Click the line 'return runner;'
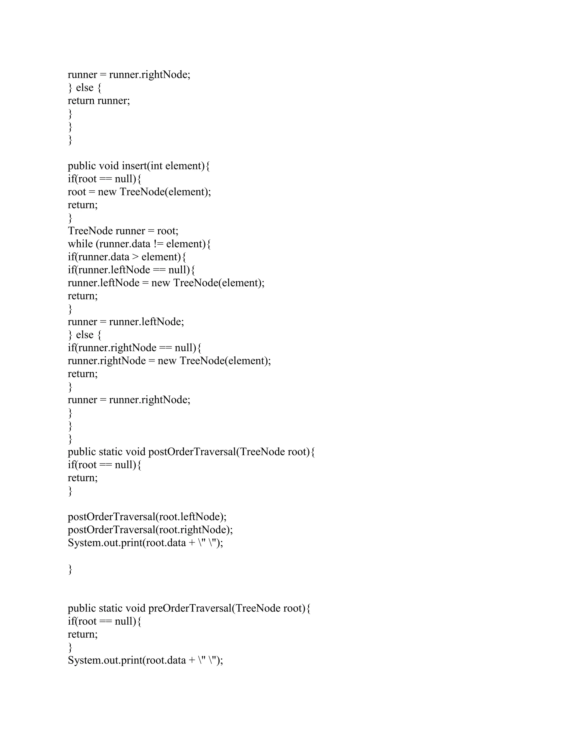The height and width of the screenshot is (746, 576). pyautogui.click(x=99, y=101)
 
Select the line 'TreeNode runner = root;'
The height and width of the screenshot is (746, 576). pyautogui.click(x=123, y=231)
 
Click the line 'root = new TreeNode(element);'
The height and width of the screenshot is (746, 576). pyautogui.click(x=139, y=192)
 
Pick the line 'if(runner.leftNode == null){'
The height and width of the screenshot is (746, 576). pyautogui.click(x=131, y=270)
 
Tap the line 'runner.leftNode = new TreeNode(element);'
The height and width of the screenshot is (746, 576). pyautogui.click(x=166, y=283)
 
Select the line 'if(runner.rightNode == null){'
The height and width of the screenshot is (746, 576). pyautogui.click(x=135, y=348)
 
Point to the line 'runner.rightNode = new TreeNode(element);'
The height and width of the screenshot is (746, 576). pyautogui.click(x=169, y=361)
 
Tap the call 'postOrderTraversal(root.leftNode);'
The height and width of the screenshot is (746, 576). pyautogui.click(x=147, y=517)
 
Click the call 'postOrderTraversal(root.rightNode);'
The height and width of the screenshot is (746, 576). pyautogui.click(x=150, y=530)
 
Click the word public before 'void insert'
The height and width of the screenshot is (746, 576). pyautogui.click(x=82, y=166)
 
